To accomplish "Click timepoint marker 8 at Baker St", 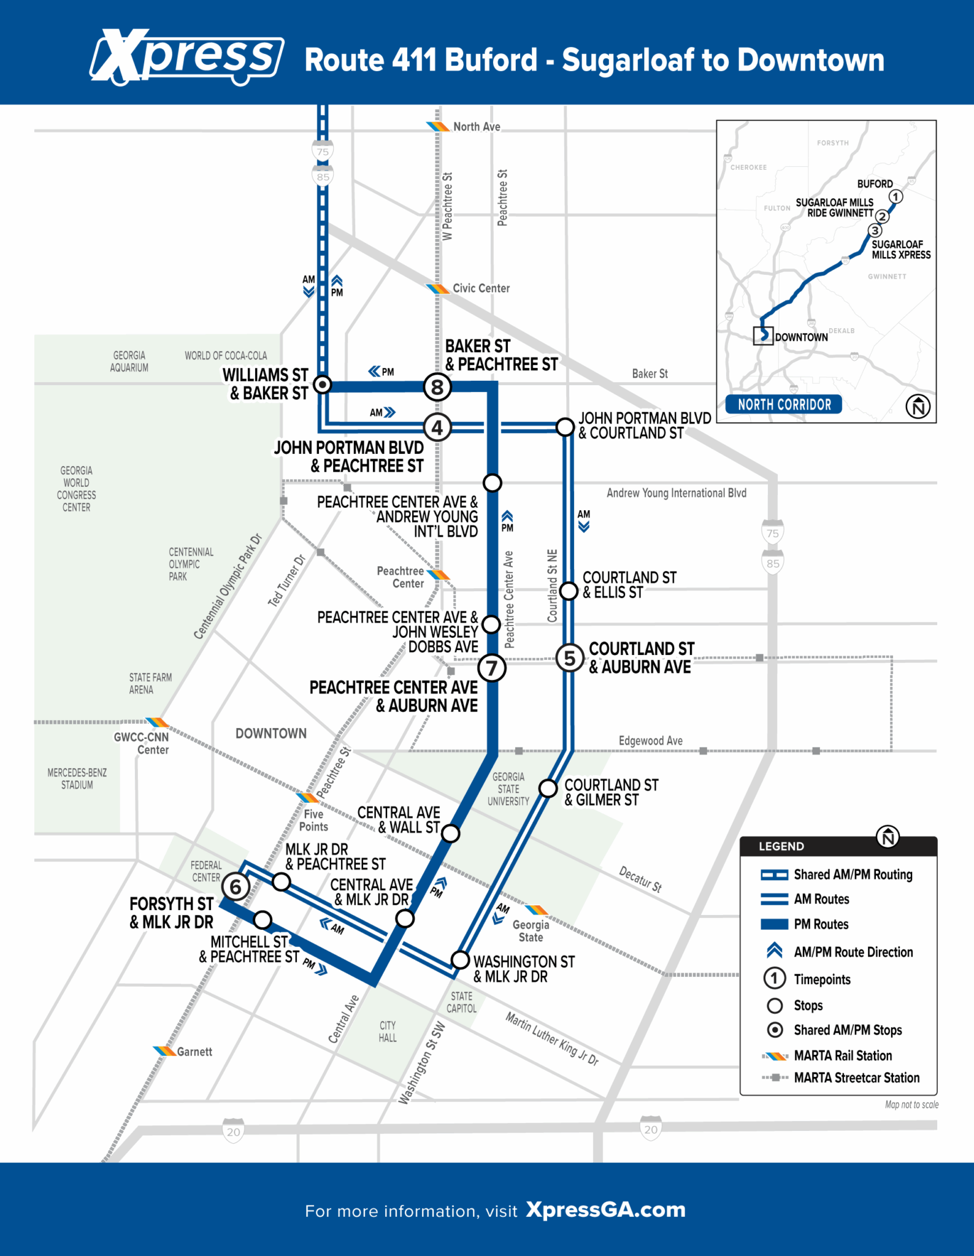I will [437, 387].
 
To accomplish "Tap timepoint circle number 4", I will [437, 427].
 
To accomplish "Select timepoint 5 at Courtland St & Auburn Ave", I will [570, 658].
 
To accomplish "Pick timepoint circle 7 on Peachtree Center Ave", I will [492, 668].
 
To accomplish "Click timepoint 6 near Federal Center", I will [236, 886].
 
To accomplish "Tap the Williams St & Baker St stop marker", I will [322, 385].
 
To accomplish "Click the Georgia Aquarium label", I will [129, 361].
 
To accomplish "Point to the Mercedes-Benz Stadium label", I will [77, 778].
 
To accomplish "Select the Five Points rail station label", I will [313, 820].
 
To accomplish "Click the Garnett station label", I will [194, 1052].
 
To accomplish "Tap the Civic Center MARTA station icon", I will [438, 288].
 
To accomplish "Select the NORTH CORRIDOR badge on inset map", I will [784, 404].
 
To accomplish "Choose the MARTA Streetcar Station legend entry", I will [856, 1078].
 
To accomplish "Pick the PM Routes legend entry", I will [821, 924].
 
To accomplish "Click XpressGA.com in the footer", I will [605, 1209].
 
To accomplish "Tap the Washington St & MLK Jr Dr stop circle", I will [459, 960].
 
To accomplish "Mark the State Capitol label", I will [461, 1002].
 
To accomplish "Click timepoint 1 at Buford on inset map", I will [895, 197].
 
